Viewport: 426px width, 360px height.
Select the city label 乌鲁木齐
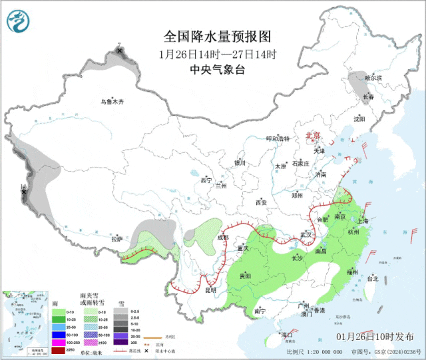point(112,102)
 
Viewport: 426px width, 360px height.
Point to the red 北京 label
point(313,135)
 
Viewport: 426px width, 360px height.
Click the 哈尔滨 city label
point(373,78)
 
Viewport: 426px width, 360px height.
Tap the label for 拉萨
point(117,239)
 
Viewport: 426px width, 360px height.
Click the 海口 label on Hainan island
point(287,334)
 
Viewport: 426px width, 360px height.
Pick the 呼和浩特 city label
point(278,138)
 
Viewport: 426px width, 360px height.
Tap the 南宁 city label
point(260,311)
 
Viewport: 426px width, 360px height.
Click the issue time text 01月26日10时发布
point(379,337)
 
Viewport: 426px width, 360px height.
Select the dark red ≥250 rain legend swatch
point(57,350)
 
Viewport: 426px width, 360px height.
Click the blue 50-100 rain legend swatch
point(57,335)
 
